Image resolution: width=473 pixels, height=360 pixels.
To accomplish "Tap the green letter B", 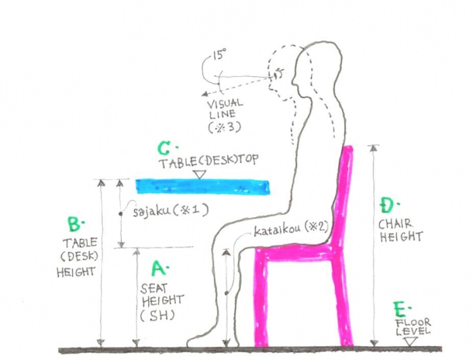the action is (x=74, y=224).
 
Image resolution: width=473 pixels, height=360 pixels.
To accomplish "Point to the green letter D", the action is (x=387, y=204).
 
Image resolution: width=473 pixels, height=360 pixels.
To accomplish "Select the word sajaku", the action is (x=151, y=211).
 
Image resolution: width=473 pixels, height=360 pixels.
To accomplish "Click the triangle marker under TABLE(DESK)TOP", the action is (x=200, y=174).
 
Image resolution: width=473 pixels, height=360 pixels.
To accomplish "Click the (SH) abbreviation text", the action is (x=157, y=316).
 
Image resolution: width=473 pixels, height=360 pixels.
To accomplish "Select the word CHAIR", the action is (x=396, y=224).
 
